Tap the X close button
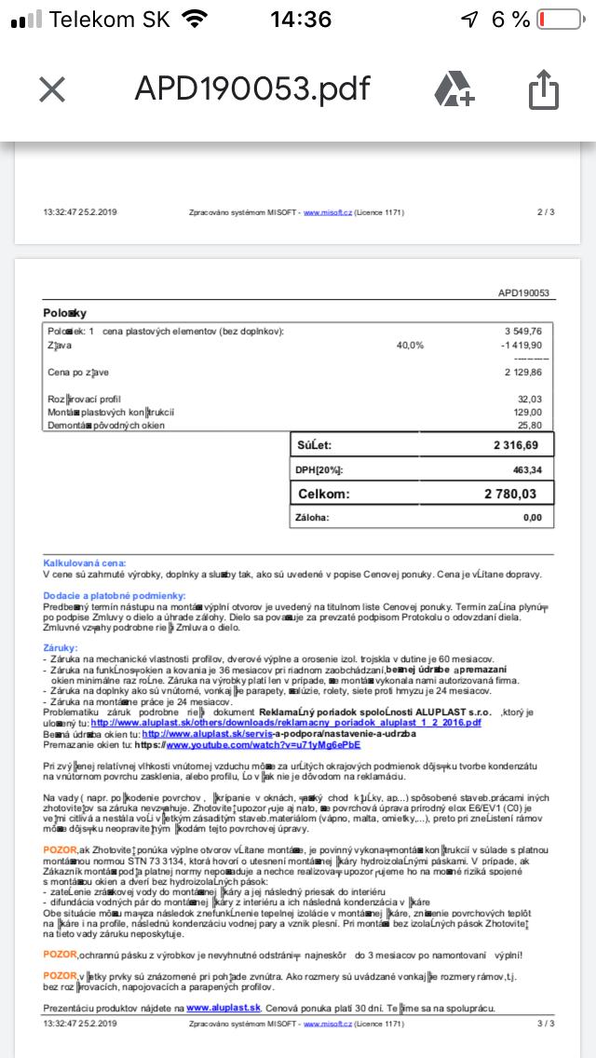point(52,89)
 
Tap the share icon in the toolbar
point(543,89)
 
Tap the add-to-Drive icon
point(454,89)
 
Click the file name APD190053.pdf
point(251,89)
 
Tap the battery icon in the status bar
point(562,20)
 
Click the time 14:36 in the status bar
point(300,20)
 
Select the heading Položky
point(64,313)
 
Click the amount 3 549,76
point(522,331)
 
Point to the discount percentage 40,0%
point(410,345)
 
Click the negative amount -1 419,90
point(521,345)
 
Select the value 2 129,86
point(522,373)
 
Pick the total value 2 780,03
point(510,494)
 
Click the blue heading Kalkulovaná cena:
point(84,563)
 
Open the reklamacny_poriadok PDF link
point(286,723)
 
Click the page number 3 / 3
point(545,1023)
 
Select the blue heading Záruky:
point(61,646)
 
